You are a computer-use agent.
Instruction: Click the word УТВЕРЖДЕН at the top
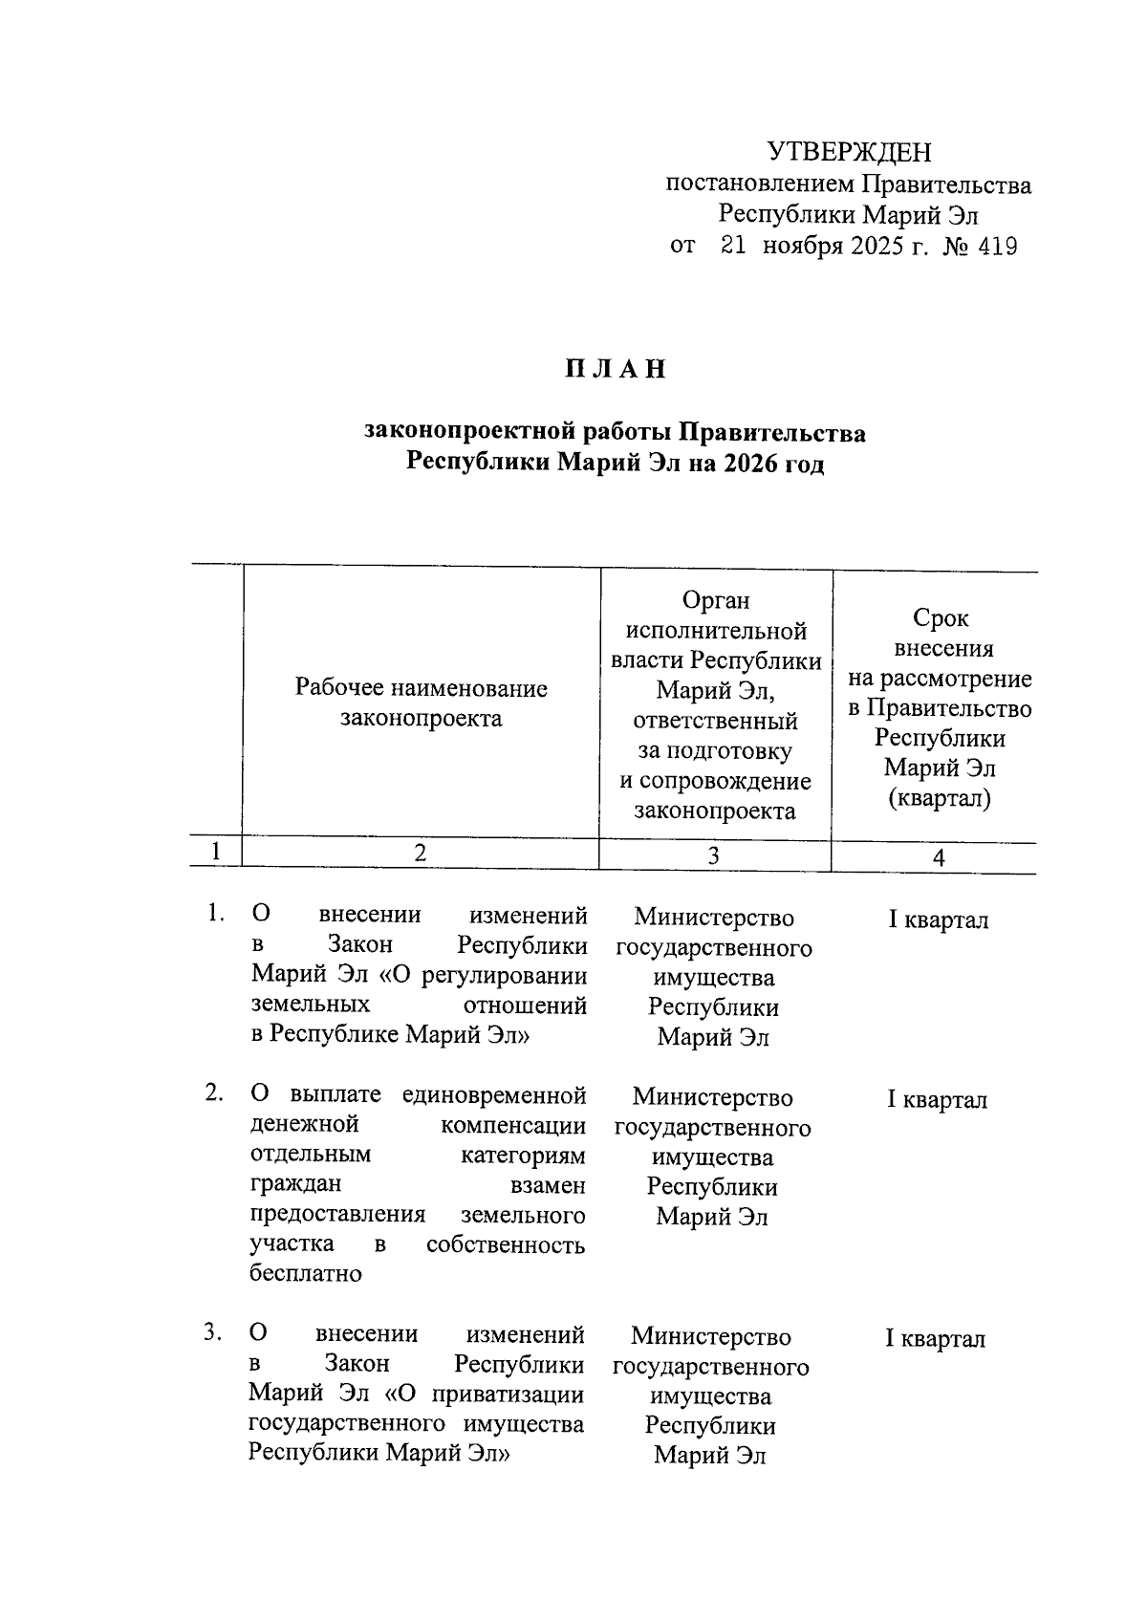coord(849,152)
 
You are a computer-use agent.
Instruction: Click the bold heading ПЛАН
coord(615,370)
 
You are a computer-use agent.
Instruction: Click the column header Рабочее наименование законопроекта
coord(422,703)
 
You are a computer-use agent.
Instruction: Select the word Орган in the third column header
coord(716,600)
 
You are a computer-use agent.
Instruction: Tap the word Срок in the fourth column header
coord(941,618)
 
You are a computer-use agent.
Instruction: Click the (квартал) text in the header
coord(940,798)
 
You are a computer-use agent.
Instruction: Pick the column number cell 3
coord(713,855)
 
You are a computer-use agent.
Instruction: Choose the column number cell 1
coord(216,852)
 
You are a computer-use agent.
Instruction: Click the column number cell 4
coord(939,858)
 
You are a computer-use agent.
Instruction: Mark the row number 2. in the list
coord(213,1092)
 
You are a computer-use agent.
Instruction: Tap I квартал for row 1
coord(939,920)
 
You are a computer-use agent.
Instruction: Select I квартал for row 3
coord(935,1339)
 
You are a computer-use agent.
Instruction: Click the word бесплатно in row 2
coord(306,1273)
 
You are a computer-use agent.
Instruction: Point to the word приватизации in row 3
coord(508,1395)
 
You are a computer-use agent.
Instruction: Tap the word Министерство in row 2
coord(712,1097)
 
